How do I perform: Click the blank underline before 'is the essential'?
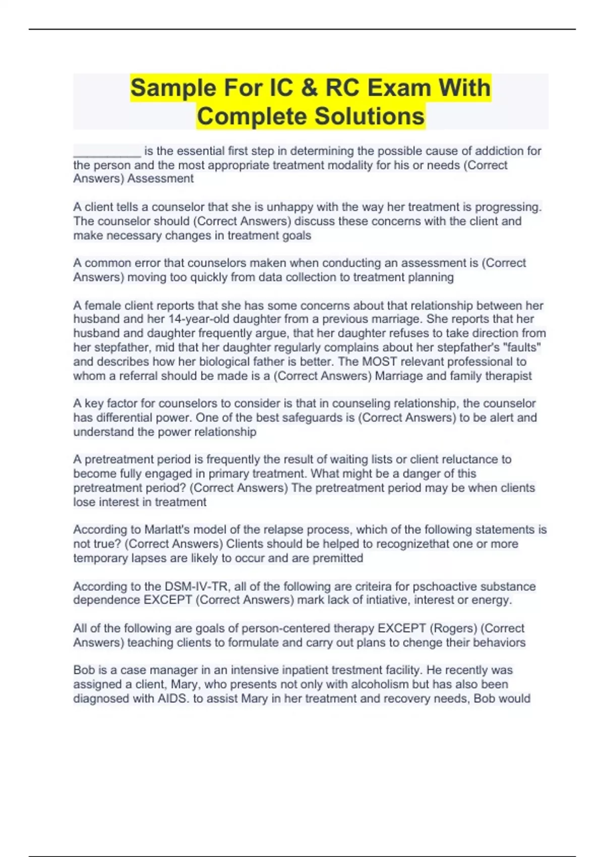(x=107, y=151)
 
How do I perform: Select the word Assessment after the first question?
(x=160, y=179)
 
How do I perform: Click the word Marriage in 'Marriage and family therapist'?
(x=397, y=376)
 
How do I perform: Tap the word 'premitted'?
(x=338, y=558)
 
